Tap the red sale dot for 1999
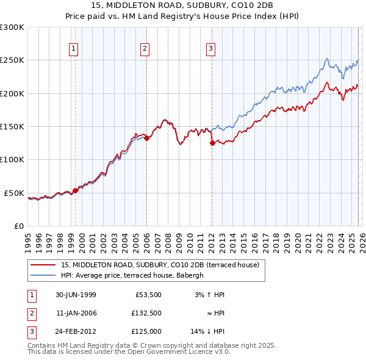click(76, 190)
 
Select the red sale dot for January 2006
click(147, 138)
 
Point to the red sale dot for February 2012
click(212, 143)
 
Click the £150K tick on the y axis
click(12, 126)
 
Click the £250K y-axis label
click(12, 60)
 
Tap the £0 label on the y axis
click(18, 226)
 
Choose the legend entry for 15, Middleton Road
click(160, 265)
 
